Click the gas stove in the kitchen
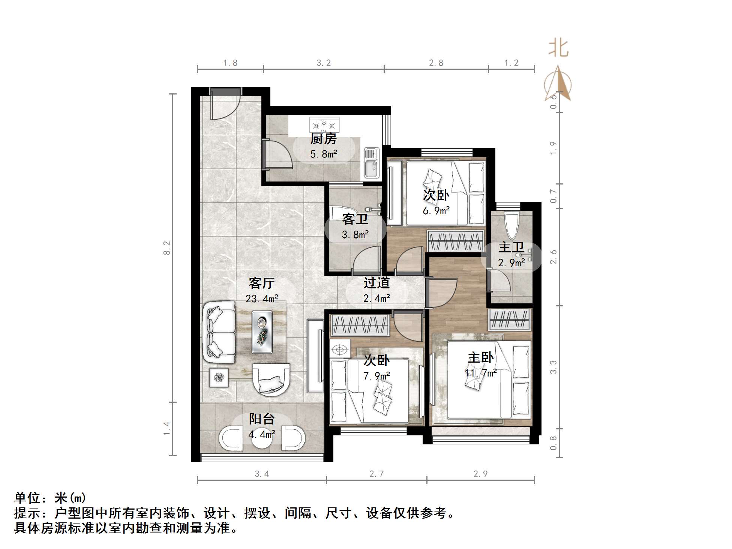coord(324,124)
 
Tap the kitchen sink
coord(372,162)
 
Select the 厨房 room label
coord(323,139)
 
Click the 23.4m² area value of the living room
coord(262,299)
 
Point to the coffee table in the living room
coord(262,331)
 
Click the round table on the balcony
coord(262,438)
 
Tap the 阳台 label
coord(262,419)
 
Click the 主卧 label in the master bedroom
coord(480,358)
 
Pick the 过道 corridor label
coord(376,283)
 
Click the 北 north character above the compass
coord(558,49)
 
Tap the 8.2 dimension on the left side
coord(167,248)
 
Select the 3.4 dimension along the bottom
coord(262,474)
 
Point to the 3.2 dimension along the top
coord(324,63)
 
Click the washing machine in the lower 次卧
coord(340,349)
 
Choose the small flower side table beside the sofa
coord(219,377)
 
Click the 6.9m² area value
coord(436,211)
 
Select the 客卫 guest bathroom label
coord(355,219)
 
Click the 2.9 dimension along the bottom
coord(480,474)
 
